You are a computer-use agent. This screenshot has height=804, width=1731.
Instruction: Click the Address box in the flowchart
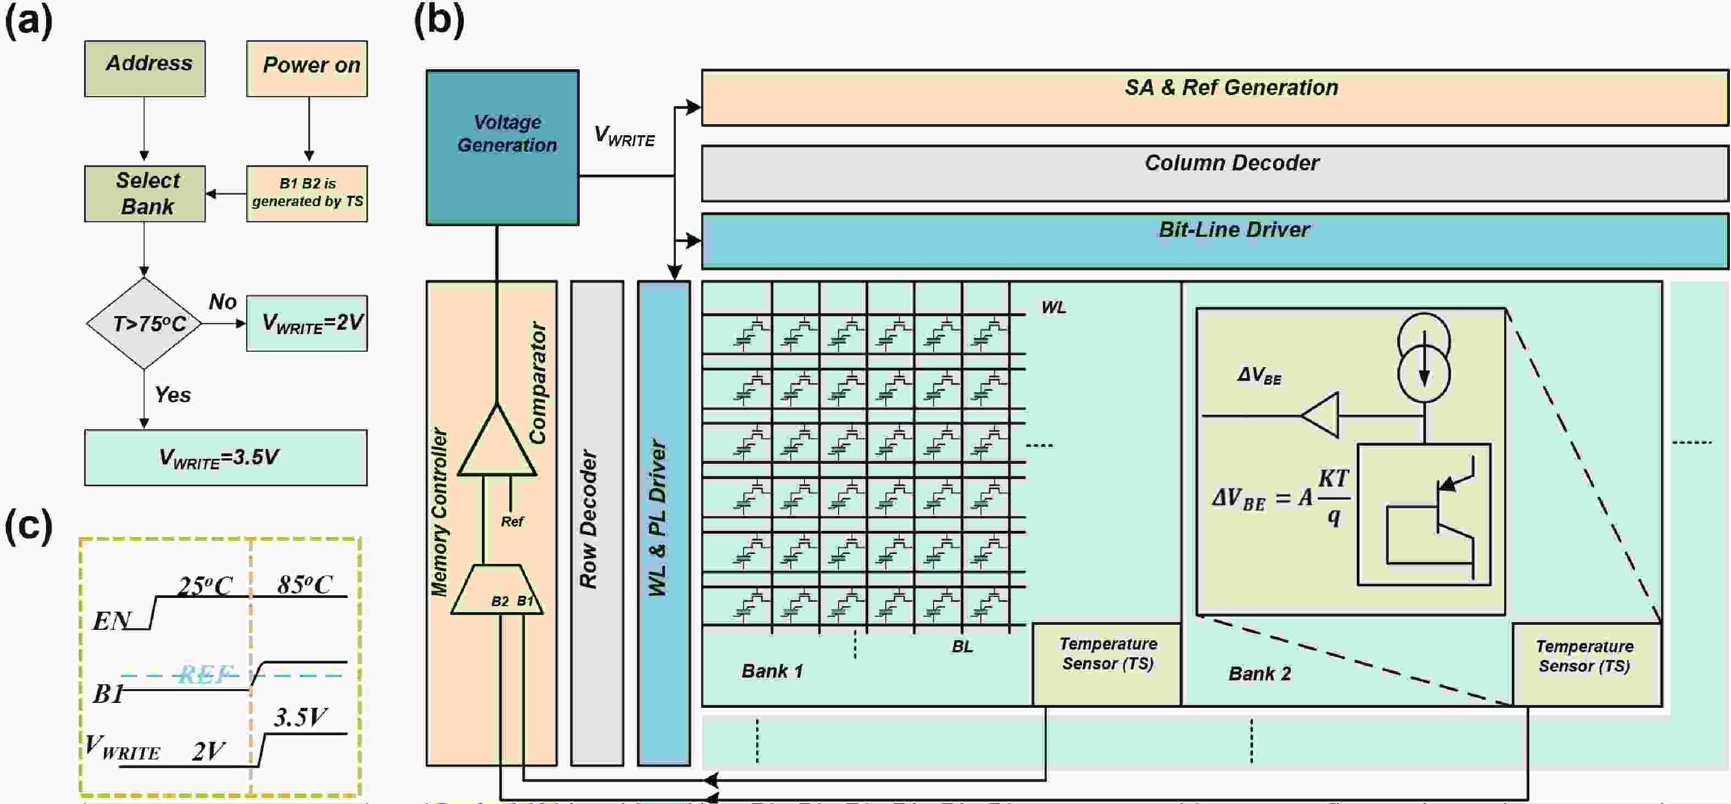pyautogui.click(x=145, y=68)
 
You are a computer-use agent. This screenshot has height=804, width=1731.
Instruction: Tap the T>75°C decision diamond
pyautogui.click(x=145, y=323)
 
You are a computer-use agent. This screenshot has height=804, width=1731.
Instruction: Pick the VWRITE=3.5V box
pyautogui.click(x=225, y=458)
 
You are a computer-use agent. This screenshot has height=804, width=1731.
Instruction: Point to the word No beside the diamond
pyautogui.click(x=223, y=302)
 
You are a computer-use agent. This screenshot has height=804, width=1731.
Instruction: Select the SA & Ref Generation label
pyautogui.click(x=1231, y=87)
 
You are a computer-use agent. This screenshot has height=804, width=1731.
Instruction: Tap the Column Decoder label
pyautogui.click(x=1231, y=163)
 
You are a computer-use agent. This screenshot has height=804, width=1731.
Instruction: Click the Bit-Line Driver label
pyautogui.click(x=1234, y=230)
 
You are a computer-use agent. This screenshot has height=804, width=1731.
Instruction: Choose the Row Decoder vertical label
pyautogui.click(x=589, y=519)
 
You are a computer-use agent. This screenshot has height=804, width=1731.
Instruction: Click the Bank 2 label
pyautogui.click(x=1260, y=674)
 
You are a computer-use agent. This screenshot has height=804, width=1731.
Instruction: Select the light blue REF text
pyautogui.click(x=206, y=674)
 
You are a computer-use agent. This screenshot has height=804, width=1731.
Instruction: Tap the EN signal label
pyautogui.click(x=110, y=620)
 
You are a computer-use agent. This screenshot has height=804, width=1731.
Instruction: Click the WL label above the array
pyautogui.click(x=1053, y=307)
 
